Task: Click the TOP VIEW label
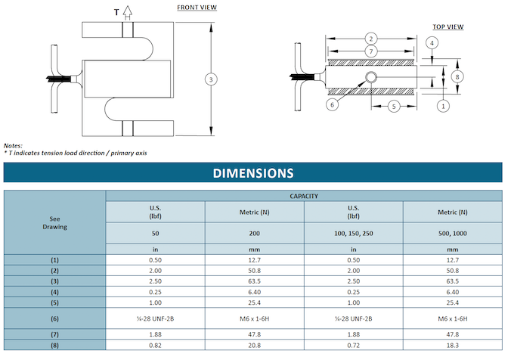point(448,26)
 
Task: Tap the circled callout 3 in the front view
point(211,79)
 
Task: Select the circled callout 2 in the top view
point(370,39)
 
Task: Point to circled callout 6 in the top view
point(332,105)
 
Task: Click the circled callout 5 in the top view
point(393,107)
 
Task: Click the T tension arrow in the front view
point(127,11)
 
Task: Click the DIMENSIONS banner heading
point(253,173)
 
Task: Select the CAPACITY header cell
point(303,196)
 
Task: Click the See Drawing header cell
point(54,222)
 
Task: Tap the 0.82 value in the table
point(155,345)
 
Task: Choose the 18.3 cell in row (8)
point(452,345)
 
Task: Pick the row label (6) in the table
point(54,318)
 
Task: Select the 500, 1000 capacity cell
point(452,233)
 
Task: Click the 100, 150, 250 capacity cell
point(353,233)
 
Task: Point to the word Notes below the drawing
point(13,144)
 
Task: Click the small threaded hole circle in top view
point(371,78)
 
